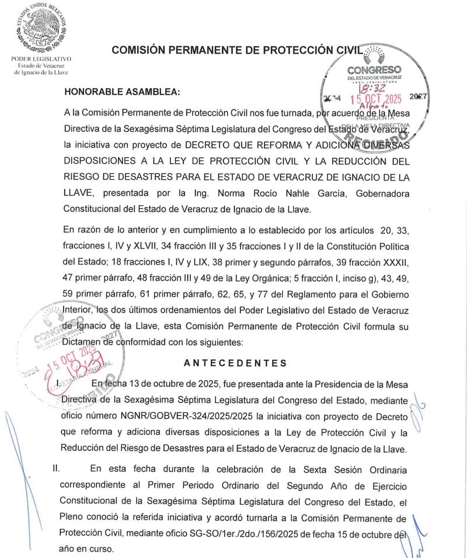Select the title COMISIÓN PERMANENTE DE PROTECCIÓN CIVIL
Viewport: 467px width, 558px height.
click(237, 50)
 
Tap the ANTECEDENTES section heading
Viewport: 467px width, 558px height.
click(235, 363)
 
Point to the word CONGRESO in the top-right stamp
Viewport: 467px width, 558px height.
click(374, 70)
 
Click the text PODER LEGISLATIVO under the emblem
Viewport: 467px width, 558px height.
click(41, 59)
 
